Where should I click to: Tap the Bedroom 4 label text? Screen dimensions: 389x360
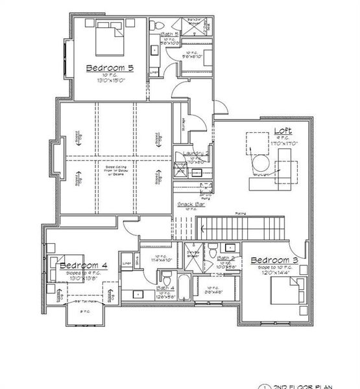coord(83,266)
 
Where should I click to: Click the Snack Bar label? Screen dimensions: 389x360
coord(188,204)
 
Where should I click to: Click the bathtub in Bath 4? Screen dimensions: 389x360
coord(185,283)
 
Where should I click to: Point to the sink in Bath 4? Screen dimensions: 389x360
coord(139,294)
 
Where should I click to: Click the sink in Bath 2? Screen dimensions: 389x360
coord(230,248)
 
